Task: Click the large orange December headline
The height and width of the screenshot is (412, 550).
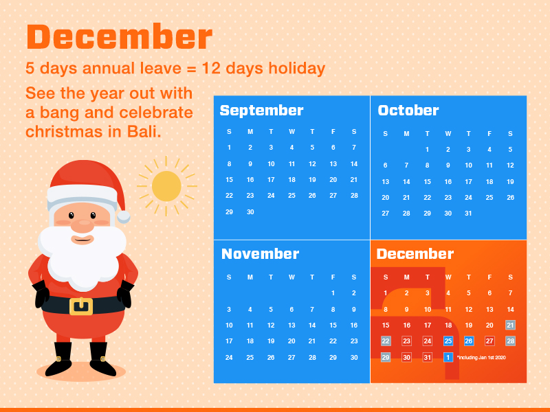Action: [119, 37]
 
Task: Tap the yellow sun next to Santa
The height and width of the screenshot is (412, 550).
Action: [166, 186]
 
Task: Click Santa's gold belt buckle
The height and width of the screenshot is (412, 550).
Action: [81, 306]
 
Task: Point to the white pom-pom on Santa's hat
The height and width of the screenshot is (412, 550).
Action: [123, 217]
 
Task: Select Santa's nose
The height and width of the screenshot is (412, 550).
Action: [82, 226]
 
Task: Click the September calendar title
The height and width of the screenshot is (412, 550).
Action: [261, 111]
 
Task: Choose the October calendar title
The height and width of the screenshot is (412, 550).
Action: [408, 111]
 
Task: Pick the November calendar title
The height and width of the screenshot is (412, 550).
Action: [261, 253]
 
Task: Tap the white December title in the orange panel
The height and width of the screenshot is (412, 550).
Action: [415, 253]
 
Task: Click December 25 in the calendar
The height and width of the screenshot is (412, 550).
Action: [448, 341]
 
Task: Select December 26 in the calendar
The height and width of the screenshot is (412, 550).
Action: [469, 341]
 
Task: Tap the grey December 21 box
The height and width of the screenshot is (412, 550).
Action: [510, 325]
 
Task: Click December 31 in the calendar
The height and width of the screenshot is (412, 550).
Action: [427, 357]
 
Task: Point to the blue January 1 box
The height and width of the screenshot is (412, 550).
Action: [448, 357]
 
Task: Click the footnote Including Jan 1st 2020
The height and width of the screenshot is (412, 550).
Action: [481, 357]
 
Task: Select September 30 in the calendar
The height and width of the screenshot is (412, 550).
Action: [250, 211]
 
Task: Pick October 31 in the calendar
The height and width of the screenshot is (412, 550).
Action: [468, 213]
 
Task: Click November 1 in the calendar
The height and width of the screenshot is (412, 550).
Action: [333, 293]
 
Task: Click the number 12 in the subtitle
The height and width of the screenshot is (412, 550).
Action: [211, 68]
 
